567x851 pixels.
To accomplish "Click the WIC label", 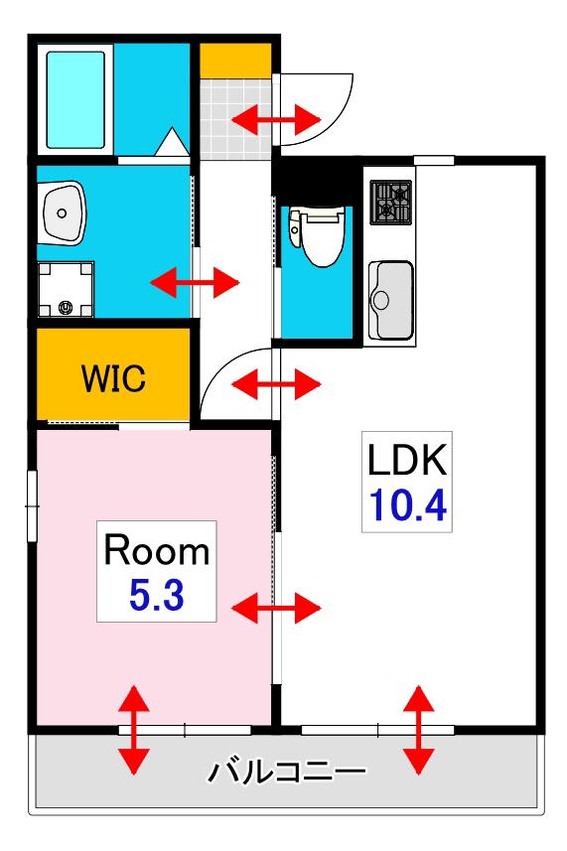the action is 113,377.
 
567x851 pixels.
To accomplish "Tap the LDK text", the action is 407,460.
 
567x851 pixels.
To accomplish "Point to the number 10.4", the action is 408,504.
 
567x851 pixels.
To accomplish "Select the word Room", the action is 156,550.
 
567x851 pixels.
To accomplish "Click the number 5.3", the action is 157,595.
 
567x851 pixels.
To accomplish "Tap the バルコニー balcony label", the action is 287,772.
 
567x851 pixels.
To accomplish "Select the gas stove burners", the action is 390,203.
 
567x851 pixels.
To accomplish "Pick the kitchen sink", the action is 390,300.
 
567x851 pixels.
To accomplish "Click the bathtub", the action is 75,100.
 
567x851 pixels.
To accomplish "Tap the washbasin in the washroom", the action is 62,213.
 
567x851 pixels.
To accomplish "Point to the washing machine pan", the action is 66,289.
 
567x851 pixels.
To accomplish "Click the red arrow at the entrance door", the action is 276,118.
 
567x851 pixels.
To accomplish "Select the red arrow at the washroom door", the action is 195,282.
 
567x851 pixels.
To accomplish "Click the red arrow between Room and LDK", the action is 276,608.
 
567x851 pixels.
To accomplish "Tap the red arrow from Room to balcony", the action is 133,730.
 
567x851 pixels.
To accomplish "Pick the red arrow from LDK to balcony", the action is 419,730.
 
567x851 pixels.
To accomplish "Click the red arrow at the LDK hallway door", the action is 276,384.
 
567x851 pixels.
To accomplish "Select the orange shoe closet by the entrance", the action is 235,61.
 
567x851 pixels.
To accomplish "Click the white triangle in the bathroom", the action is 173,142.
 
